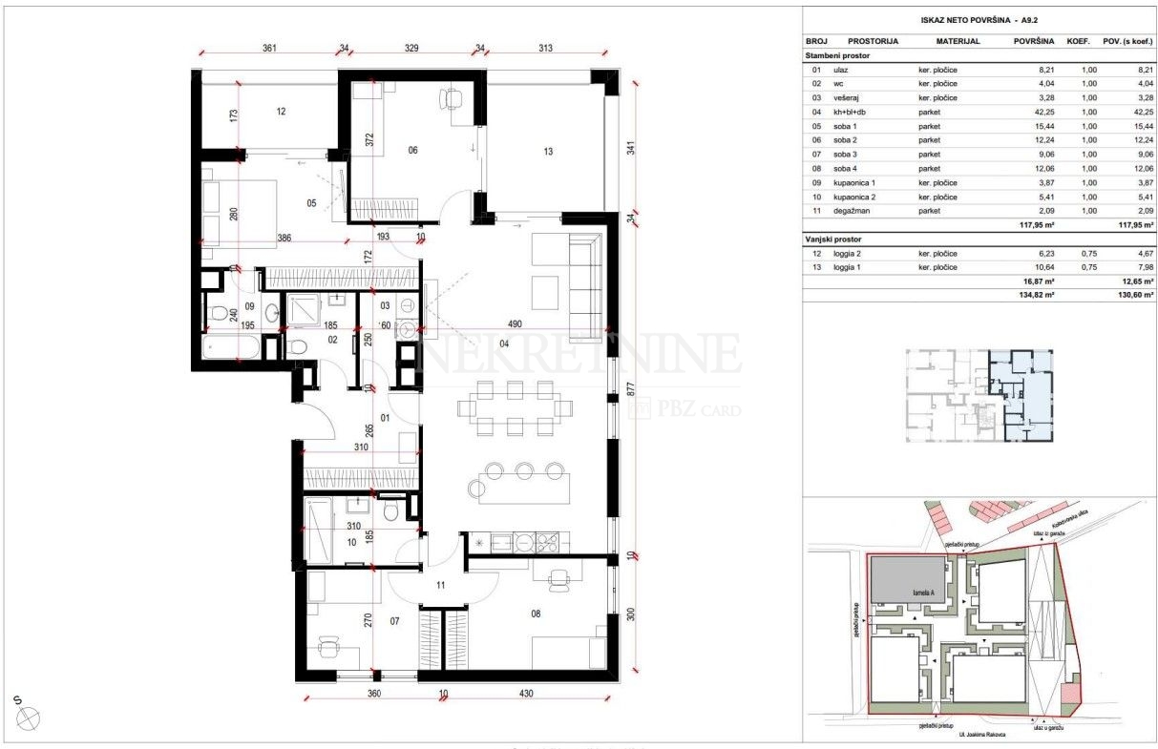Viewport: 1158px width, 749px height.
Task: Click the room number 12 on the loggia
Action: pyautogui.click(x=281, y=112)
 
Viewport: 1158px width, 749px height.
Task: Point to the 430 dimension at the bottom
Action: pyautogui.click(x=526, y=695)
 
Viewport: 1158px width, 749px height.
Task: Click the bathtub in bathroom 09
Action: pyautogui.click(x=231, y=345)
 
